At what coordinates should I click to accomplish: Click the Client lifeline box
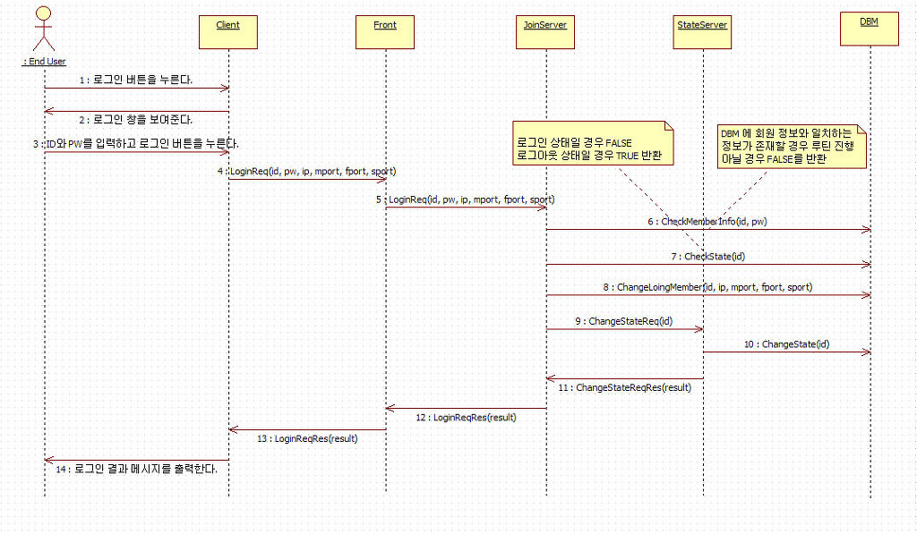coord(227,31)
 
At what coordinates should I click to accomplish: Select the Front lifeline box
coord(385,31)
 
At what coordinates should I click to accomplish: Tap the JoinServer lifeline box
coord(545,31)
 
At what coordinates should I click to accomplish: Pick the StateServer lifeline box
coord(702,31)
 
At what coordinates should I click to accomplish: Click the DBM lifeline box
coord(869,28)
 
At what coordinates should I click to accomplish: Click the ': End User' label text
coord(44,62)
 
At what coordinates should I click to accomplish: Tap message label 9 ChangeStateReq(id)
coord(624,321)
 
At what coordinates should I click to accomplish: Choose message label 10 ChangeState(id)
coord(786,343)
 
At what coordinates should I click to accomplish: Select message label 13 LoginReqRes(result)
coord(307,438)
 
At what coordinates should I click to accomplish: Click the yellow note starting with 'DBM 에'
coord(792,146)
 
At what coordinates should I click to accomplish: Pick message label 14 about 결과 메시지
coord(137,469)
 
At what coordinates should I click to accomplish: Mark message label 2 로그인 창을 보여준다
coord(136,119)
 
